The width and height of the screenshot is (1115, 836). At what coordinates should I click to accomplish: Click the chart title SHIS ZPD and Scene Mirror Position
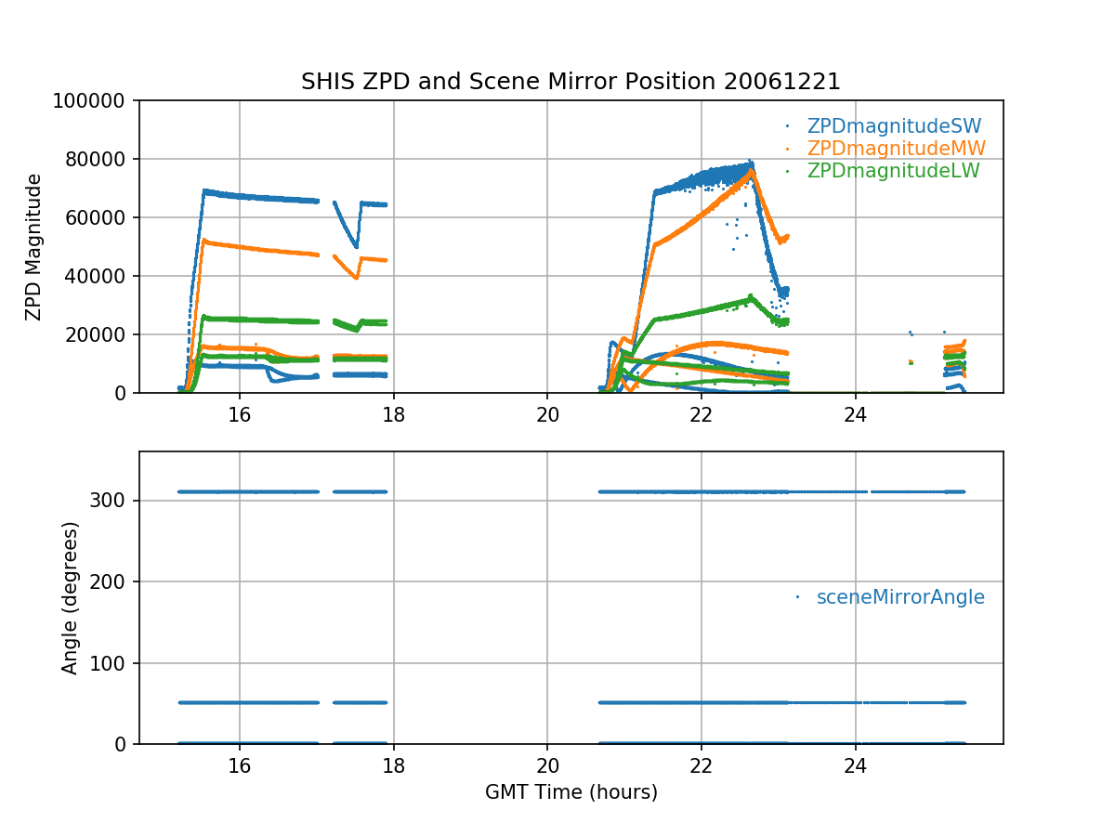pos(571,82)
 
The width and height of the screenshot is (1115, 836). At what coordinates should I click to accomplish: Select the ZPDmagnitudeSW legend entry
pos(894,126)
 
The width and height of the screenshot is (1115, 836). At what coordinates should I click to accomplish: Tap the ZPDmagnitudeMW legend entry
pos(896,149)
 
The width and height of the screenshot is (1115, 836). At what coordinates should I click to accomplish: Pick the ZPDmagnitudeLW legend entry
pos(893,171)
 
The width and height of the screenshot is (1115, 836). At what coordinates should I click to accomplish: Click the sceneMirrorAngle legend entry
pos(900,597)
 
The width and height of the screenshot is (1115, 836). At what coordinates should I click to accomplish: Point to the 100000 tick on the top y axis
pos(97,100)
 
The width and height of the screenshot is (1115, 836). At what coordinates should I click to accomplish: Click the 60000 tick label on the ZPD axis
pos(101,217)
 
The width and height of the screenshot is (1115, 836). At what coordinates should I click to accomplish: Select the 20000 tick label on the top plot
pos(101,334)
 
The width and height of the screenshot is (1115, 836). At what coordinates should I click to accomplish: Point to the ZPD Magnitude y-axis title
pos(34,247)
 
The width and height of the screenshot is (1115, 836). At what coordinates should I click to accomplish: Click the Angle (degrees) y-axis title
pos(71,597)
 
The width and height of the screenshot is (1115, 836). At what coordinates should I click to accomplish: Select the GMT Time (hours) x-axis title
pos(571,792)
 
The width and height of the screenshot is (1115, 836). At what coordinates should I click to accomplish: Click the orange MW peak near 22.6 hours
pos(751,172)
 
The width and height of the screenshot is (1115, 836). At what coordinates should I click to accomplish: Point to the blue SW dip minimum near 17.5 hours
pos(357,247)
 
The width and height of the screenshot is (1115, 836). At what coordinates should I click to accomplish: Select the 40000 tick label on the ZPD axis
pos(101,276)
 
